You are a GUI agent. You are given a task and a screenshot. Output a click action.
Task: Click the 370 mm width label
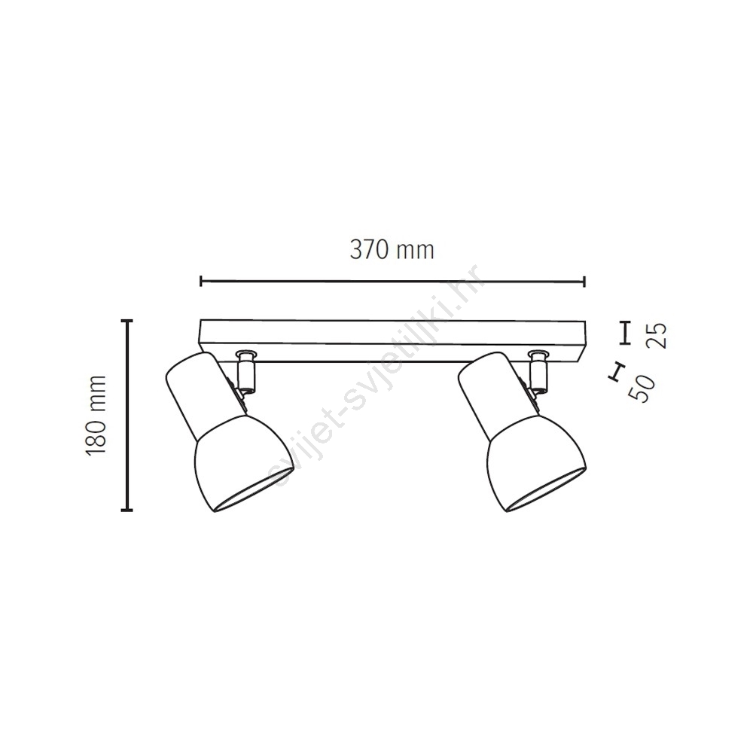392,250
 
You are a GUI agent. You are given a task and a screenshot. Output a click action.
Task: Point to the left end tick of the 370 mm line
201,282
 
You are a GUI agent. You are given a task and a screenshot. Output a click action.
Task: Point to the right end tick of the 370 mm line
584,282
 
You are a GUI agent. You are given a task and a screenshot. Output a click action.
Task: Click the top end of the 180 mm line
127,320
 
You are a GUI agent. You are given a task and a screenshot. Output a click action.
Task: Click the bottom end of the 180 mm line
127,510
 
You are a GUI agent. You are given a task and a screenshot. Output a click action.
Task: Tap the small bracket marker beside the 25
625,333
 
